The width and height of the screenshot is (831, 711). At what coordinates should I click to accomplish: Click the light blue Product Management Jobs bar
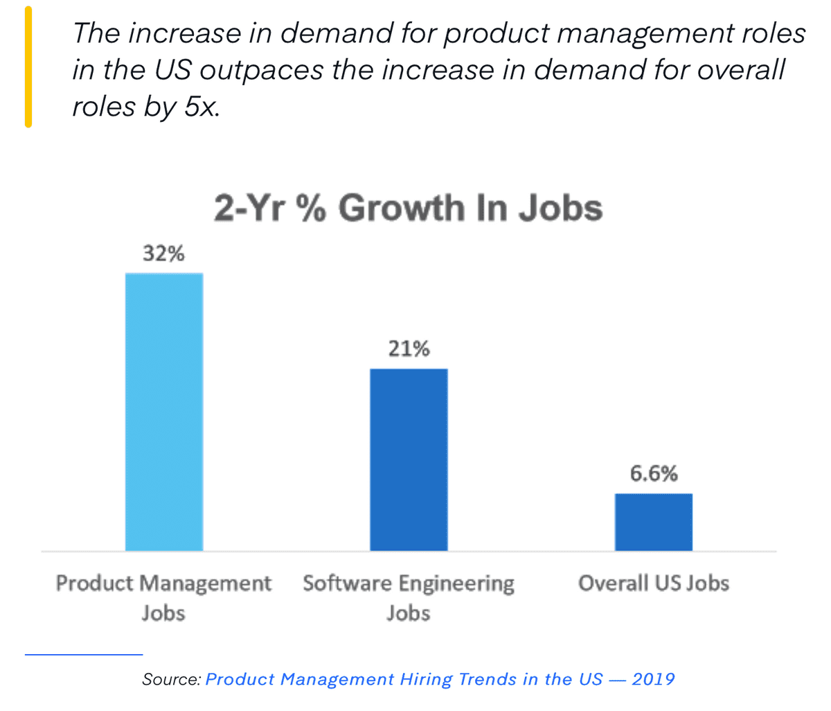pyautogui.click(x=164, y=412)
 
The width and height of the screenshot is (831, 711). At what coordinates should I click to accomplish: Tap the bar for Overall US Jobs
pyautogui.click(x=653, y=522)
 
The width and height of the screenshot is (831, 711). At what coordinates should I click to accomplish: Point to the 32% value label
pyautogui.click(x=163, y=254)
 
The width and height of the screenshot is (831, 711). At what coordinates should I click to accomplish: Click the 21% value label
pyautogui.click(x=409, y=349)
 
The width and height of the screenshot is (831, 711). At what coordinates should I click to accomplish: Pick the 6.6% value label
pyautogui.click(x=653, y=474)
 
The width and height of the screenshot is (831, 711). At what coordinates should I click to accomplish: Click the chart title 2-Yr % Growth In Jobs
pyautogui.click(x=408, y=208)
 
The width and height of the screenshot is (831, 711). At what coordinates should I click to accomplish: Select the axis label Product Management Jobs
pyautogui.click(x=163, y=597)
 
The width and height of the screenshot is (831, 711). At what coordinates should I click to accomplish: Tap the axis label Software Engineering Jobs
pyautogui.click(x=409, y=597)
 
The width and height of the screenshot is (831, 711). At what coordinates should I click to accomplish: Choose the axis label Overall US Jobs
pyautogui.click(x=653, y=583)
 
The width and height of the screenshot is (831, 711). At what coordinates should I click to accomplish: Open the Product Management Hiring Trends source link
pyautogui.click(x=440, y=679)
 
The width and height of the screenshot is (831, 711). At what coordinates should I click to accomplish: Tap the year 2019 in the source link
pyautogui.click(x=653, y=679)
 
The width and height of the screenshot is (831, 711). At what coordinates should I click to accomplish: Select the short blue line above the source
pyautogui.click(x=83, y=653)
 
